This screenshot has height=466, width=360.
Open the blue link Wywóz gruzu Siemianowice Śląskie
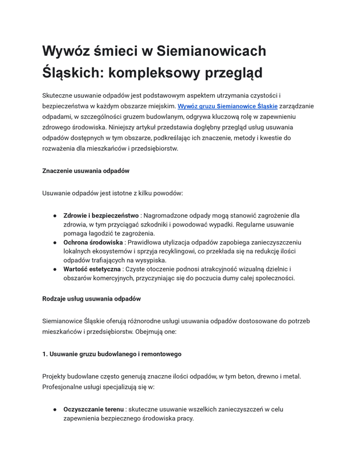pos(227,106)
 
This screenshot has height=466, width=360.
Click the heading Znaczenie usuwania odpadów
pos(86,171)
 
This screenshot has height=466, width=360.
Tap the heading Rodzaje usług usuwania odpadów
pos(91,299)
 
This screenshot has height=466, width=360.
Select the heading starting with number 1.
pos(112,354)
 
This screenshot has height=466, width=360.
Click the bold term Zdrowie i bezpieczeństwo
pos(101,215)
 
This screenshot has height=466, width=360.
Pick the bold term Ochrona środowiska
pos(93,242)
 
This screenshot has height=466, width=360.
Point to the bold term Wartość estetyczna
pos(92,269)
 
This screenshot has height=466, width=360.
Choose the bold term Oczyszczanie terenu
pos(93,409)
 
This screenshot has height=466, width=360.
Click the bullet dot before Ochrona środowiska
pos(54,242)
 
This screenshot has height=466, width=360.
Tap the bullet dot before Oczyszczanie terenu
pos(54,409)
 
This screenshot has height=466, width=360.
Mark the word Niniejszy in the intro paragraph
pos(167,127)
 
